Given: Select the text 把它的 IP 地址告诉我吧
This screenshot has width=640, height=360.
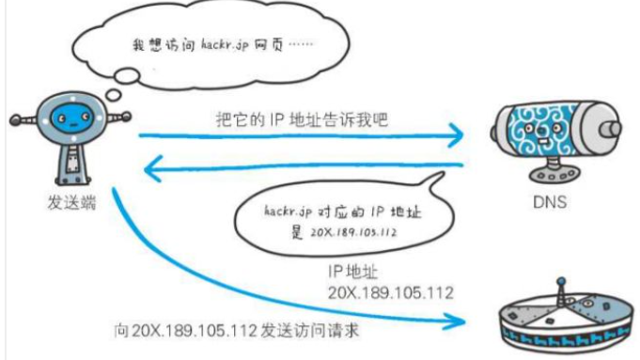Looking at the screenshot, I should click(299, 122).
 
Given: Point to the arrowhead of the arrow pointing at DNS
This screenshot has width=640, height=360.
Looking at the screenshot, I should click(458, 137).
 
